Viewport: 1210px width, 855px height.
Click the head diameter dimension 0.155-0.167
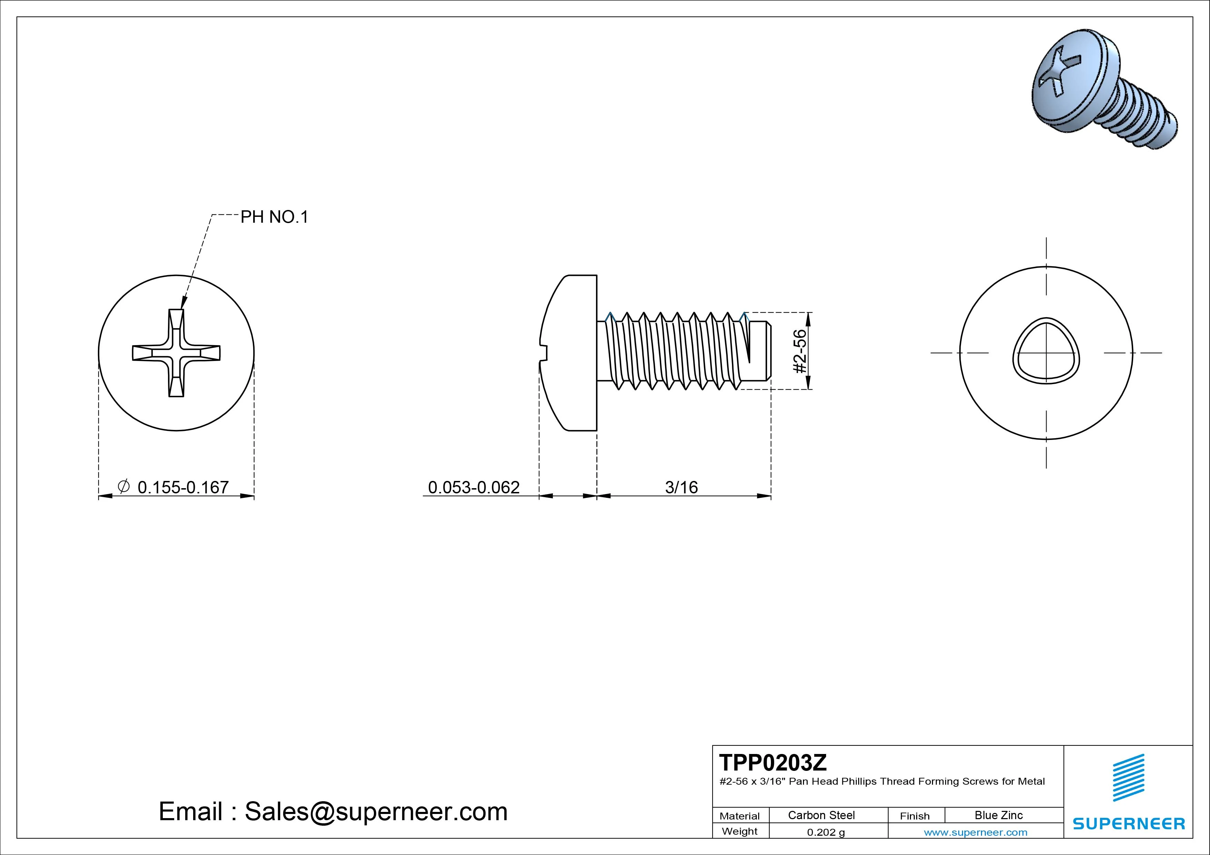coord(183,487)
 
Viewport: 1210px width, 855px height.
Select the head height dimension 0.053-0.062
coord(473,487)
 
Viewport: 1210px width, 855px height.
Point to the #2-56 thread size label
coord(800,351)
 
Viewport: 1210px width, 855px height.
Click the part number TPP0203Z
coord(773,762)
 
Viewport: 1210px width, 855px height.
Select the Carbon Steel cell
coord(821,815)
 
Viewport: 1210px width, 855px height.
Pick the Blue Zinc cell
coord(998,815)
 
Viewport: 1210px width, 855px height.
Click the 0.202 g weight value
coord(825,832)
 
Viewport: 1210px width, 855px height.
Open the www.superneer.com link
coord(975,832)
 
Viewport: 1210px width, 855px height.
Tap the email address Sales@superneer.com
coord(376,811)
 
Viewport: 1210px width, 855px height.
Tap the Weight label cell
coord(740,831)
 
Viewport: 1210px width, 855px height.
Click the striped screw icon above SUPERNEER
coord(1128,777)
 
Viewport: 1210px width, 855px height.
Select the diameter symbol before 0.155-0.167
coord(123,486)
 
